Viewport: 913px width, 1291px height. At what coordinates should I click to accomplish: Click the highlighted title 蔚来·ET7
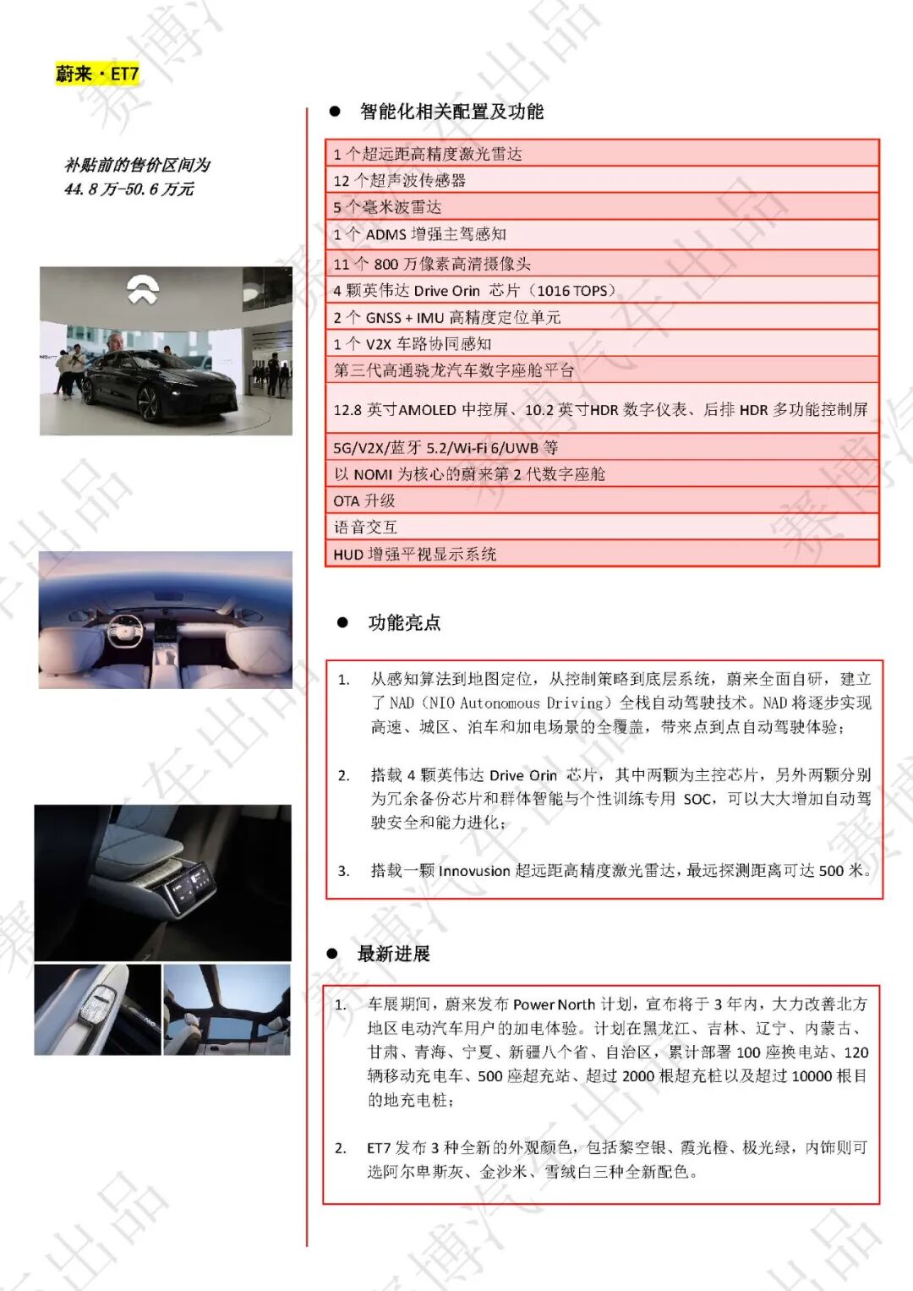tap(96, 74)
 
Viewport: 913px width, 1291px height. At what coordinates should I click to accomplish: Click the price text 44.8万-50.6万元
tap(128, 189)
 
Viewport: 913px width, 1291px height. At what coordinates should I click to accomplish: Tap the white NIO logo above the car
tap(143, 289)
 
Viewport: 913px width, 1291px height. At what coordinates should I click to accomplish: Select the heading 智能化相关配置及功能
tap(451, 112)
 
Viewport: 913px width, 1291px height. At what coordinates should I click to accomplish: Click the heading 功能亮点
tap(404, 623)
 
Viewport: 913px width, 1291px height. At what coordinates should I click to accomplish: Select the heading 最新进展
tap(393, 954)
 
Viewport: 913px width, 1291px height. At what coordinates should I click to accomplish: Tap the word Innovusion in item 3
tap(473, 871)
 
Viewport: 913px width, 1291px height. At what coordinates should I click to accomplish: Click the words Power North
tap(554, 1004)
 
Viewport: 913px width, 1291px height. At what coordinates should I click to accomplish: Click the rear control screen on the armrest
tap(189, 889)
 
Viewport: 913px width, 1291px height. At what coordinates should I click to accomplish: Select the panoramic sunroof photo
tap(226, 1009)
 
